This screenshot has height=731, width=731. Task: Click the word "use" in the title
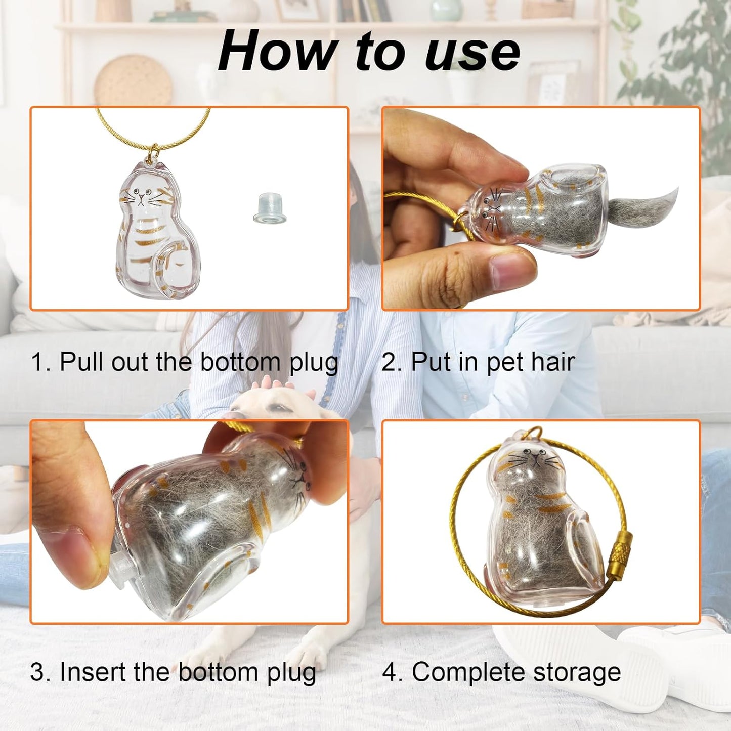pos(473,53)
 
